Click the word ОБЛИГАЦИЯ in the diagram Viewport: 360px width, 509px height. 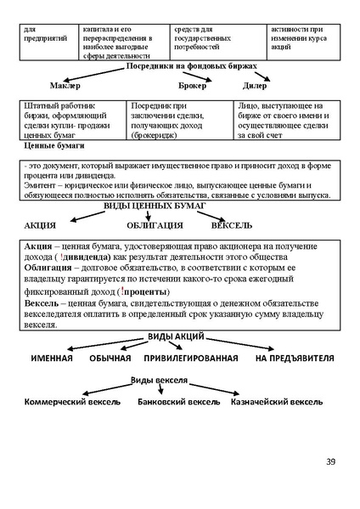pos(155,224)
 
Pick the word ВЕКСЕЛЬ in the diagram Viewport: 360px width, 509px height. pos(231,224)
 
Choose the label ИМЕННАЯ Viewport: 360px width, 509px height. pos(52,359)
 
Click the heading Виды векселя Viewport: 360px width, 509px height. pos(159,379)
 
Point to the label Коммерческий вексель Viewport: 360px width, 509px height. pos(72,401)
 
